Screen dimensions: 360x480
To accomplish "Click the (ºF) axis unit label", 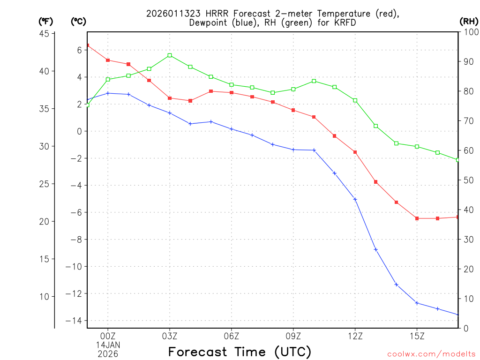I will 45,21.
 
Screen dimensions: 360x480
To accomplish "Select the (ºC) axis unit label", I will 78,21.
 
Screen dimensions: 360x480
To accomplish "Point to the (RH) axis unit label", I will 469,21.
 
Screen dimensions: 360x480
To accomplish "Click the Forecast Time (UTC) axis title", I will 240,352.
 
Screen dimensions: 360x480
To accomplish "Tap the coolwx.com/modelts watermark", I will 431,354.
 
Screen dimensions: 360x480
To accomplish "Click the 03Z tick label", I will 170,336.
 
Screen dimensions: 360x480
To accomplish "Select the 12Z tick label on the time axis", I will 355,336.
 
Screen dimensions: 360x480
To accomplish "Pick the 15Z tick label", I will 417,336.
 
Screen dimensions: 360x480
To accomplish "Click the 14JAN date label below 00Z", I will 108,345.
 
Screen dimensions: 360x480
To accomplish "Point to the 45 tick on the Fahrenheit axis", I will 45,34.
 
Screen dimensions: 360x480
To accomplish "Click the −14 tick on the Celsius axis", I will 77,321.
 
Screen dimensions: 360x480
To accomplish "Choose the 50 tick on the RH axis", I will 468,180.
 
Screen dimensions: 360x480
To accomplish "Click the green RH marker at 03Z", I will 170,55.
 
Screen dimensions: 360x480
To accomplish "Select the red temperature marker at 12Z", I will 355,152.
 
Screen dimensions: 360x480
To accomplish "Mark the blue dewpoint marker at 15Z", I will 417,303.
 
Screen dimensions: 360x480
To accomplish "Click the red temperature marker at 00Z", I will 108,60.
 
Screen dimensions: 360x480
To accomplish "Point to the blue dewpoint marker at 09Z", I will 293,150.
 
